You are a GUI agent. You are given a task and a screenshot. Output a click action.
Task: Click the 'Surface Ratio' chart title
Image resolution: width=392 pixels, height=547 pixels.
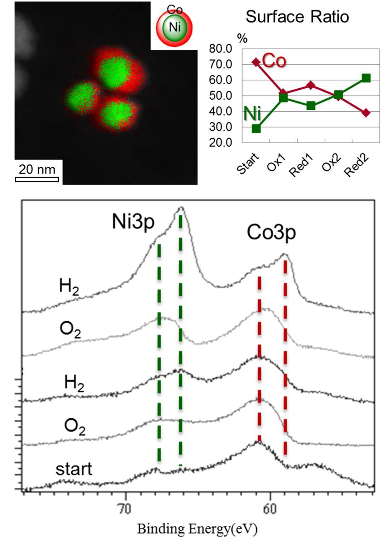[297, 17]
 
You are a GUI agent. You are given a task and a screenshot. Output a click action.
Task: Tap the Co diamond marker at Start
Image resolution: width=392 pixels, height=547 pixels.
[256, 62]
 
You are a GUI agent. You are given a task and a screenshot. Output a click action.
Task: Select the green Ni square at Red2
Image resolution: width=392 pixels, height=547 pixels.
[366, 78]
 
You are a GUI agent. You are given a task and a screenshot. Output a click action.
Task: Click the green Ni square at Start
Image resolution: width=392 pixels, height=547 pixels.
[256, 128]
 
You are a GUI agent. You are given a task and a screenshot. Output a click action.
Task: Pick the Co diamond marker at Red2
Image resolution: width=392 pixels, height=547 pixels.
[366, 113]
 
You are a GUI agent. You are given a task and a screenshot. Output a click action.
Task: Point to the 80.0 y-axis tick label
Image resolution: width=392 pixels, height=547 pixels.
[220, 49]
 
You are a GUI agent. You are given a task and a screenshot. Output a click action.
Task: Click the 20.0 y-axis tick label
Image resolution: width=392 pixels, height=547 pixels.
[220, 143]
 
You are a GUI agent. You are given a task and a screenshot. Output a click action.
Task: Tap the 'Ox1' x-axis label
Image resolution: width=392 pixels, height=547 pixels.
[277, 163]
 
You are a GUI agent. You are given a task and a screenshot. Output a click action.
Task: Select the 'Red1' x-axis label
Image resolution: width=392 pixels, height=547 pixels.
[302, 165]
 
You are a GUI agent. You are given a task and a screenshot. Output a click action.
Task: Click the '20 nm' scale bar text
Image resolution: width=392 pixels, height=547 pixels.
[37, 169]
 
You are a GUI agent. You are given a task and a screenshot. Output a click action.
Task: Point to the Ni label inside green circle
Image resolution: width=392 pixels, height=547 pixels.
[175, 27]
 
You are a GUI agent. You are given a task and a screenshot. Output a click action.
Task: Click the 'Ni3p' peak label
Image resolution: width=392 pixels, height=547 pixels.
[133, 222]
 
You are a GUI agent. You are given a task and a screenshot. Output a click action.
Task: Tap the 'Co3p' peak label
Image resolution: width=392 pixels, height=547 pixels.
[271, 233]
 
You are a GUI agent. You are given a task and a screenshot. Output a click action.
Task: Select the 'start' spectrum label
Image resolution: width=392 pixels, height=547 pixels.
[74, 469]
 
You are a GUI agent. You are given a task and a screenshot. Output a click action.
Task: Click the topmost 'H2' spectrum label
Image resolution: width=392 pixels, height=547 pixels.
[69, 286]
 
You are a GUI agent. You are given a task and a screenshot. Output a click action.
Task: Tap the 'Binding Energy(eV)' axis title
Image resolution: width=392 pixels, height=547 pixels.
[197, 529]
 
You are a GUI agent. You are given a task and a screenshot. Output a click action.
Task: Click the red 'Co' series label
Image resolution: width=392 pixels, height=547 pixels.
[274, 61]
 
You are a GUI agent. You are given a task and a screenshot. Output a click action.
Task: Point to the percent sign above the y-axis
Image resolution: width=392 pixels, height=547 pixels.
[243, 39]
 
